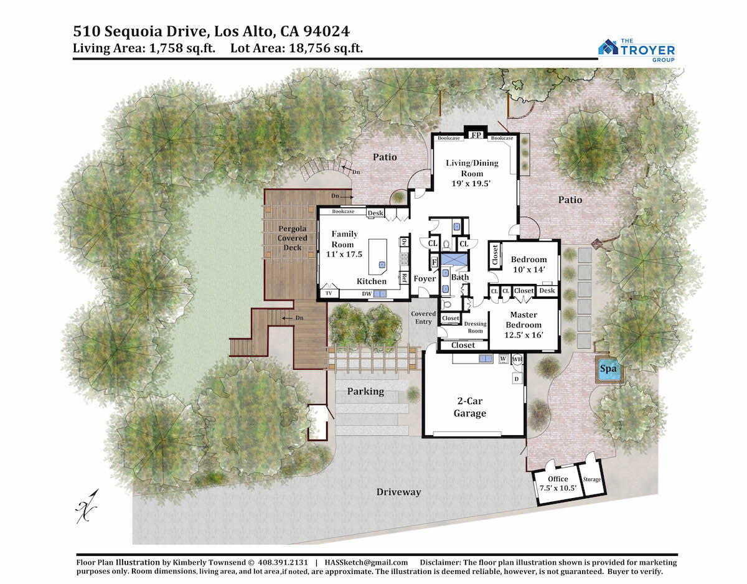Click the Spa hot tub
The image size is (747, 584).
click(x=609, y=369)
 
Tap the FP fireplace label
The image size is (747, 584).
click(x=476, y=135)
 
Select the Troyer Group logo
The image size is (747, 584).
click(x=636, y=50)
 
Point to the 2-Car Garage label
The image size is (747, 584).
click(x=469, y=407)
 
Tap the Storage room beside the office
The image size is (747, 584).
click(x=592, y=479)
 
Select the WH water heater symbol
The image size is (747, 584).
click(x=517, y=359)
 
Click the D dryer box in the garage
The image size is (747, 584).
click(x=517, y=379)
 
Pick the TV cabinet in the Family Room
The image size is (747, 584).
click(x=329, y=293)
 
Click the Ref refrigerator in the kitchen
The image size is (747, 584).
click(x=404, y=278)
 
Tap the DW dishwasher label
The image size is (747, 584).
click(x=367, y=294)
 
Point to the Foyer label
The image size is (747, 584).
click(x=425, y=279)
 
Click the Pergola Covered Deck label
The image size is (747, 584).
click(x=292, y=238)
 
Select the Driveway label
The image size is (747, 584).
click(x=398, y=492)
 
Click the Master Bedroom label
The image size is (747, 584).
click(x=524, y=319)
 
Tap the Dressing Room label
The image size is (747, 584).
click(x=475, y=327)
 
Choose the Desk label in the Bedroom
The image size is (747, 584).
click(x=547, y=291)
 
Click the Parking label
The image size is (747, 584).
click(x=365, y=392)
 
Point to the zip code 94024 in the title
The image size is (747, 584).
click(x=327, y=31)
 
